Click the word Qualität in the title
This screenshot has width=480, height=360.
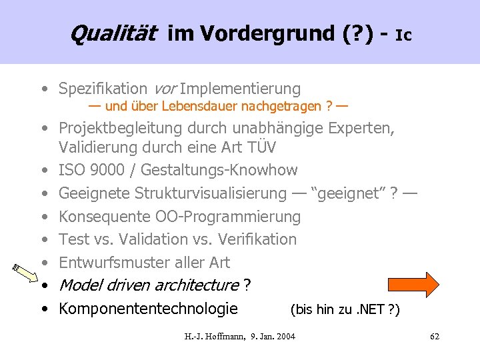pyautogui.click(x=113, y=32)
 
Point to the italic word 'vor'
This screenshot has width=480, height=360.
pyautogui.click(x=165, y=89)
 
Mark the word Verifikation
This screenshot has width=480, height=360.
pyautogui.click(x=257, y=239)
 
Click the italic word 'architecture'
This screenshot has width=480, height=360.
pyautogui.click(x=196, y=285)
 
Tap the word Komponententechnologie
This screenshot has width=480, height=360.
pyautogui.click(x=148, y=309)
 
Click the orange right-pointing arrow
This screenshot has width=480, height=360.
pyautogui.click(x=419, y=283)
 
